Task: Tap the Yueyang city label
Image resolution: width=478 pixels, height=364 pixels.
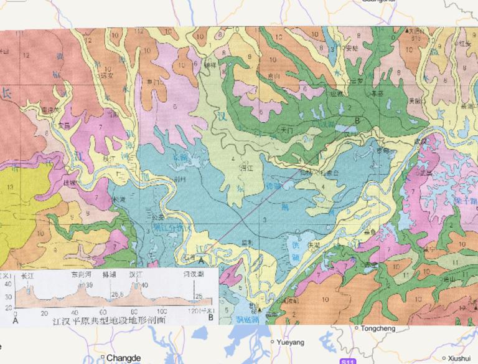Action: coord(291,342)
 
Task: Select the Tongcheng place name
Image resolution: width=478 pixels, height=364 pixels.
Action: coord(375,327)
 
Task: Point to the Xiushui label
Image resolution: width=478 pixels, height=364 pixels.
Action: coord(459,358)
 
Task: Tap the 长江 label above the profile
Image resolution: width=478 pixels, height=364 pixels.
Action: coord(27,274)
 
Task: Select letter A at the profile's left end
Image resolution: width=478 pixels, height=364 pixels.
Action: coord(14,318)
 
